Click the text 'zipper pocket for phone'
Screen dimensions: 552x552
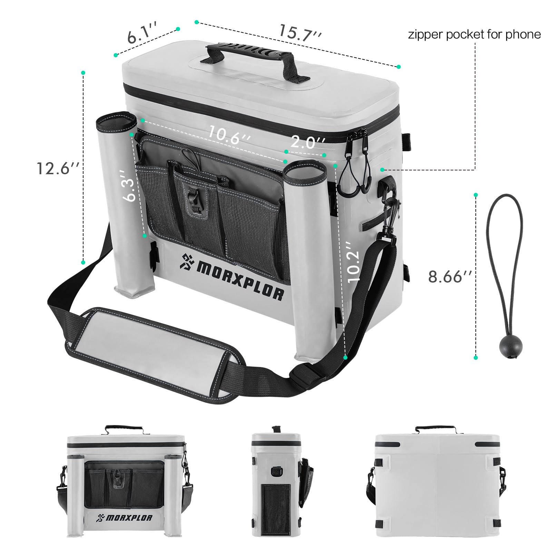tap(474, 34)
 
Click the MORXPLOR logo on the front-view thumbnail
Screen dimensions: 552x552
tap(125, 517)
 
